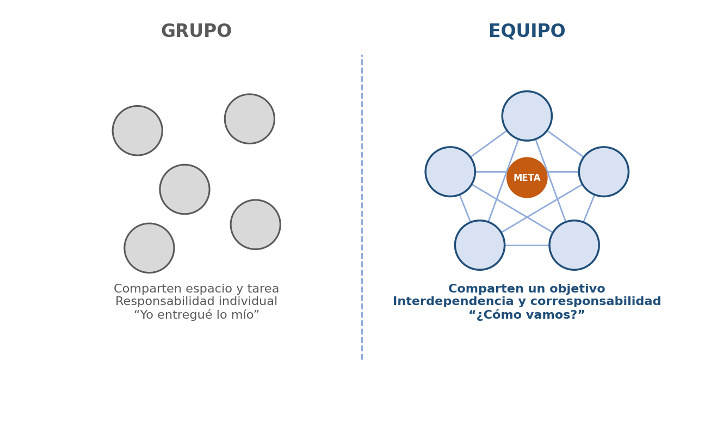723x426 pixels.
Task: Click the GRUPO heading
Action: pos(196,31)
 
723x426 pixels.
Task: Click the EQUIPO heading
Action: pos(527,31)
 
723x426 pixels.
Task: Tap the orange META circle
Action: pos(527,178)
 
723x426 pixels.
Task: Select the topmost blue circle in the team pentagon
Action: pos(527,115)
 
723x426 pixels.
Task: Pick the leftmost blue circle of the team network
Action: pos(450,172)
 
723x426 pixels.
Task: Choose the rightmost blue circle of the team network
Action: pos(603,172)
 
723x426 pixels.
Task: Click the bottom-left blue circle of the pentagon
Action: pos(480,245)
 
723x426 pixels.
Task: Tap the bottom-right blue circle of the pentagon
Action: pos(574,245)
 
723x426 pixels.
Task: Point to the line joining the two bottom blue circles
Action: pos(527,245)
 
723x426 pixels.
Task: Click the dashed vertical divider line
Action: pos(362,207)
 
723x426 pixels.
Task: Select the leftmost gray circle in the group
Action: pos(138,131)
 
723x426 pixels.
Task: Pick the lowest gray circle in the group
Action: pos(149,248)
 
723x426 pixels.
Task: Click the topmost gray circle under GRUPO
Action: pos(250,119)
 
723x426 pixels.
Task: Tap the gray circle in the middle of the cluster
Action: pos(184,189)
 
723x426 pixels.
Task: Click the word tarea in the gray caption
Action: pos(263,288)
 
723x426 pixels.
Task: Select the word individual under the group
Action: pos(248,301)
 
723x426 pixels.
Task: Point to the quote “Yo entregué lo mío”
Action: pos(196,314)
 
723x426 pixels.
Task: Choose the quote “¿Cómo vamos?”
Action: pos(527,314)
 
